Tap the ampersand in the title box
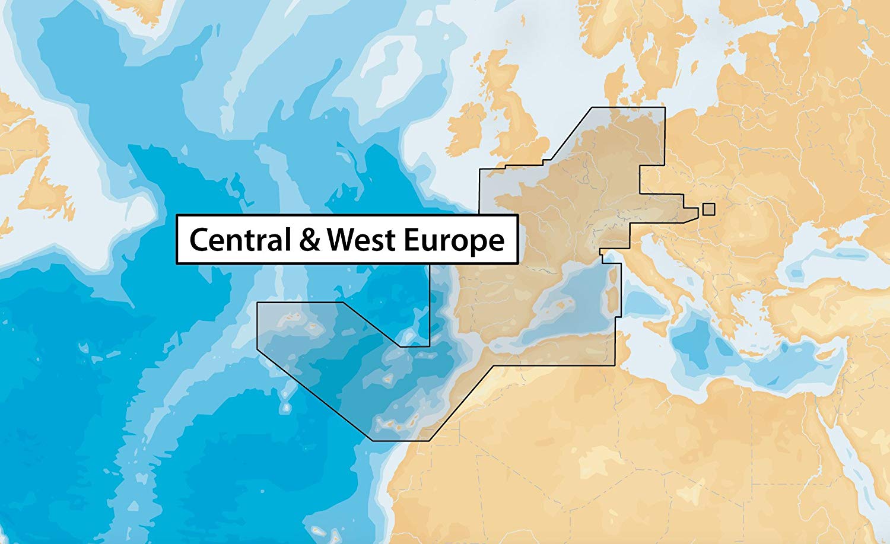[x=309, y=240]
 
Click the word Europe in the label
[x=453, y=240]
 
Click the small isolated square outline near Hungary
[x=708, y=209]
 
